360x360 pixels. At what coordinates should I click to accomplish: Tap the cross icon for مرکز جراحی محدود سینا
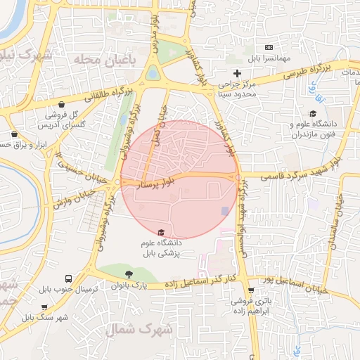[237, 72]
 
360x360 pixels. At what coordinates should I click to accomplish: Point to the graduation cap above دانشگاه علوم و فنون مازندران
[313, 113]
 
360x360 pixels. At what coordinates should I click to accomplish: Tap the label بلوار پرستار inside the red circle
[155, 184]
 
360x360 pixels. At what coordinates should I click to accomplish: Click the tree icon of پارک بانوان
[127, 274]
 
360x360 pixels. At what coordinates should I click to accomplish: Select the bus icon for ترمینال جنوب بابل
[68, 278]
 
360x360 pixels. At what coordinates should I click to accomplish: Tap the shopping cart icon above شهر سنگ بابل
[44, 307]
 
